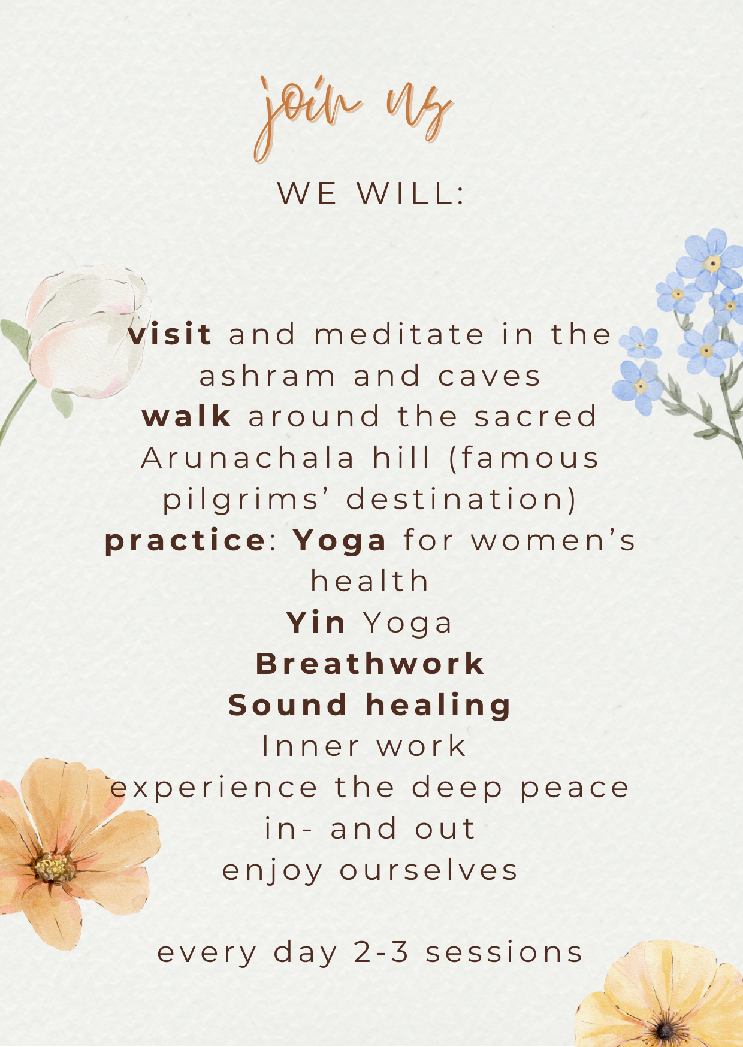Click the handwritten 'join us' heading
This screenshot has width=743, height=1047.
(354, 117)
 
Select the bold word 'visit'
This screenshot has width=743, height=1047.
(170, 334)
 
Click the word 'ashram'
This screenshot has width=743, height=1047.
(268, 376)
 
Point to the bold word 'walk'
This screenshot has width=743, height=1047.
(187, 416)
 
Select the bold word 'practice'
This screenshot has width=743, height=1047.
(185, 541)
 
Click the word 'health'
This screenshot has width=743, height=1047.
(370, 581)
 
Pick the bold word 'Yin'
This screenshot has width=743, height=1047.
(316, 622)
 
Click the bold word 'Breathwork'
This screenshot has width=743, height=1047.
(370, 664)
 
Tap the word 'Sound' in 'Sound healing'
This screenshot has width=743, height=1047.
(288, 704)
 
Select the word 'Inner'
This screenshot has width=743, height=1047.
(310, 746)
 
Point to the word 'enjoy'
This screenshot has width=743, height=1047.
(273, 872)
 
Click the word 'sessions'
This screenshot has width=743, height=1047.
(505, 953)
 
